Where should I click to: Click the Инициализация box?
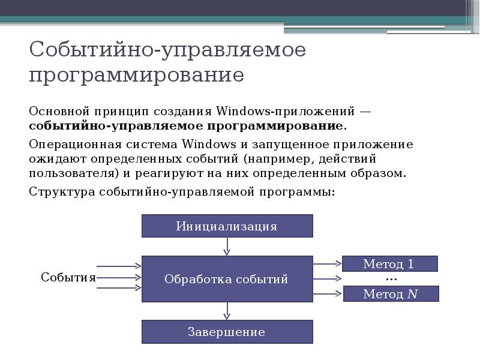pos(227,226)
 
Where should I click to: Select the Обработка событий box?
pos(227,279)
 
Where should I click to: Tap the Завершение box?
pos(227,332)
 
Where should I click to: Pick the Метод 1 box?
pos(389,264)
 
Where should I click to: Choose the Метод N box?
pos(391,294)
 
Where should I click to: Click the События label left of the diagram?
pos(68,277)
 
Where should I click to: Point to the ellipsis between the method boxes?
pos(391,279)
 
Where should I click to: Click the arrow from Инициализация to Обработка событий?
pos(227,247)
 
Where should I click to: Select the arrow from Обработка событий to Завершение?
pos(227,311)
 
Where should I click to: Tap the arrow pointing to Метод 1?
pos(327,263)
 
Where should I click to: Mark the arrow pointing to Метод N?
pos(327,293)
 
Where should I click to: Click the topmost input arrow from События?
pos(119,266)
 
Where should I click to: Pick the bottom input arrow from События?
pos(119,289)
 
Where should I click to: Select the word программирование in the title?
pos(136,76)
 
